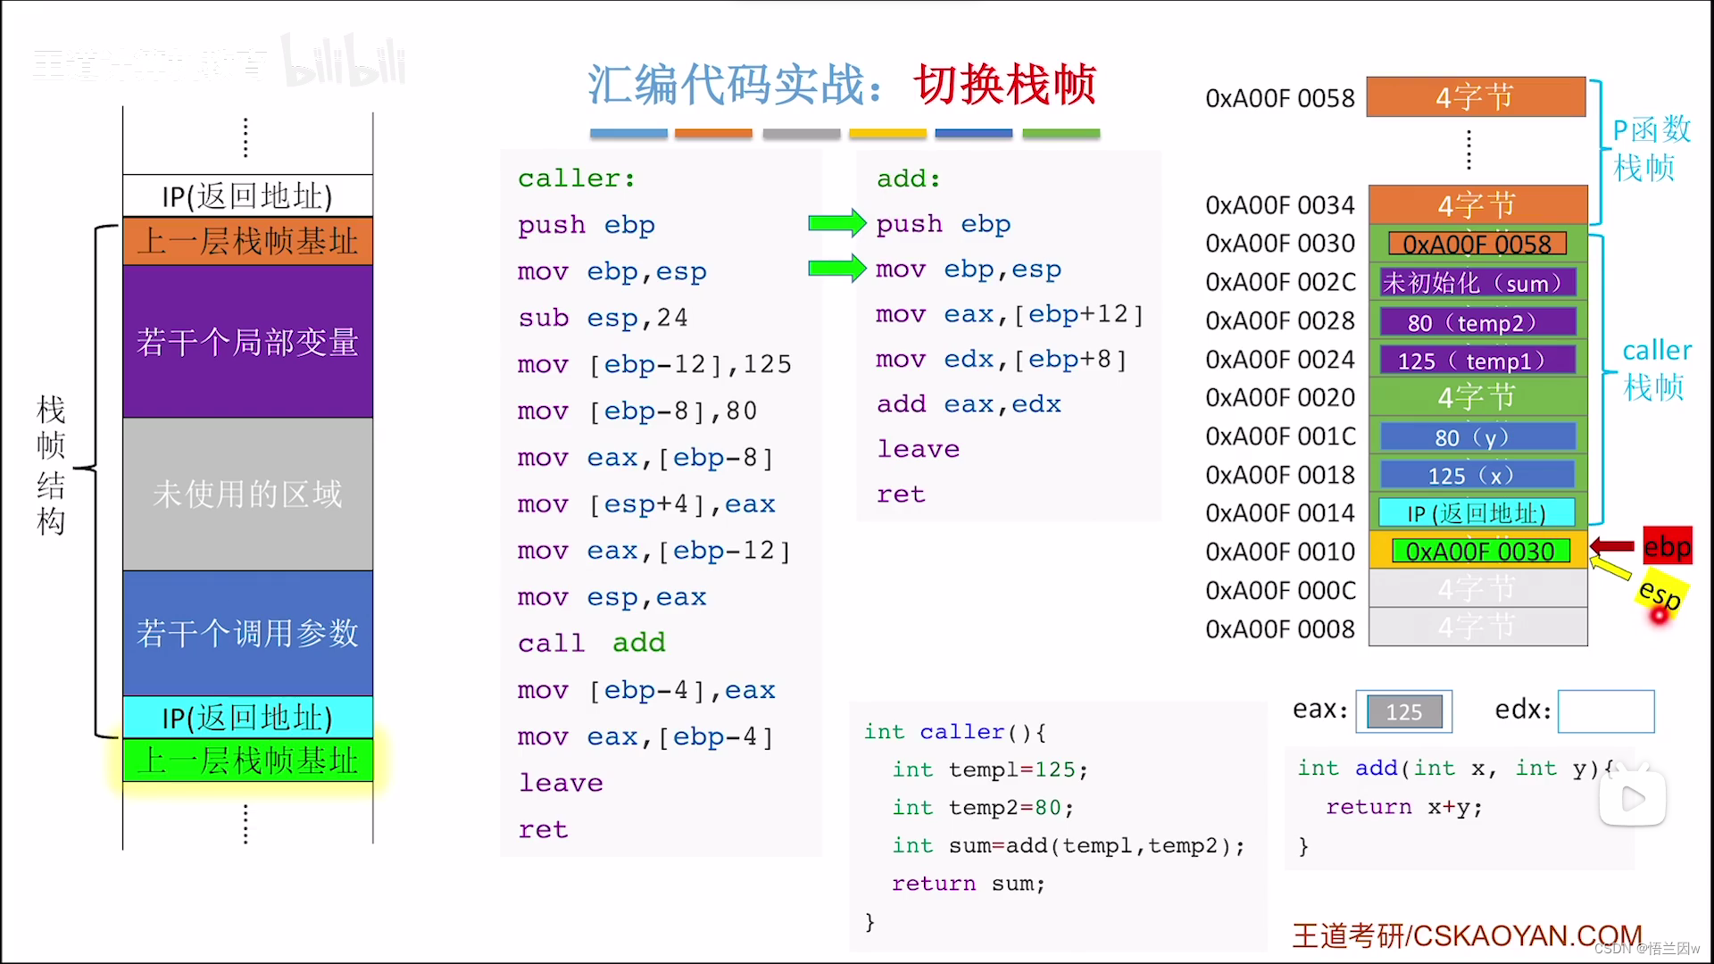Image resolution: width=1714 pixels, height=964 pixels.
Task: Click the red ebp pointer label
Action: tap(1667, 546)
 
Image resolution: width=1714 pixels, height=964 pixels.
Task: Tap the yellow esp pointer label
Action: tap(1660, 594)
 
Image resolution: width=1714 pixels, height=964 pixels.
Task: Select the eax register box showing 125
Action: tap(1403, 711)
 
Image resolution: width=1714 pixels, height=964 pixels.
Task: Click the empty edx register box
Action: tap(1605, 711)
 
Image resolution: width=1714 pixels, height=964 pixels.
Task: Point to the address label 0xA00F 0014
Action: tap(1279, 513)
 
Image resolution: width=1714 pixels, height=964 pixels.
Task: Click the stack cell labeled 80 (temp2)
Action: tap(1477, 322)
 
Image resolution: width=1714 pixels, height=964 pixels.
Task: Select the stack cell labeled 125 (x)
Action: tap(1477, 475)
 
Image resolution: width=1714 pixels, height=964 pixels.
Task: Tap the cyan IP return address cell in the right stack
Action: tap(1477, 513)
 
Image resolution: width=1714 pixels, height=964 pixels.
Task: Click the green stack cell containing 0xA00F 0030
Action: tap(1479, 552)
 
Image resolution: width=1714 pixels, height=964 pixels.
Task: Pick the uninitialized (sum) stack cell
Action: tap(1477, 283)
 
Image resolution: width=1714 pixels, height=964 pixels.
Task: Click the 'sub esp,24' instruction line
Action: tap(603, 318)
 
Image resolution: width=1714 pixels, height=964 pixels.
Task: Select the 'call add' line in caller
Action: tap(591, 643)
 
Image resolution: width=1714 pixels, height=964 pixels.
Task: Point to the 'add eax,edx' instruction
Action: tap(968, 404)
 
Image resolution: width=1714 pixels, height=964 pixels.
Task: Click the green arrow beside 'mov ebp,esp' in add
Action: tap(836, 268)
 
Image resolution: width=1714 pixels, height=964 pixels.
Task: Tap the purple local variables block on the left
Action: tap(247, 341)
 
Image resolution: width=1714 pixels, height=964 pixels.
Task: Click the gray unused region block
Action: tap(247, 494)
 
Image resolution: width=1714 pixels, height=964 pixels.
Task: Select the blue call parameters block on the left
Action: tap(247, 633)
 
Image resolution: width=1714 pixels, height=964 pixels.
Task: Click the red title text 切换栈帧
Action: tap(1004, 85)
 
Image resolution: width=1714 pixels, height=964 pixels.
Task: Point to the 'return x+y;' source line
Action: tap(1403, 807)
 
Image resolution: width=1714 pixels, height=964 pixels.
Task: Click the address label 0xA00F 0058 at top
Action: tap(1279, 98)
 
